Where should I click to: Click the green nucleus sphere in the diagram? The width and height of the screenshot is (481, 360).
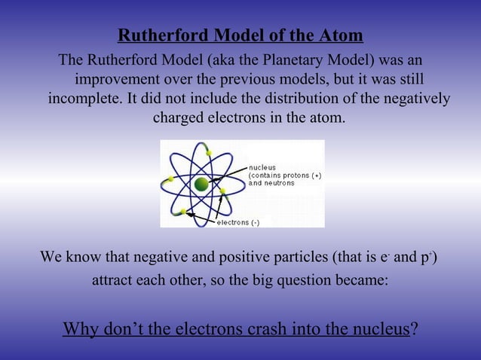(201, 184)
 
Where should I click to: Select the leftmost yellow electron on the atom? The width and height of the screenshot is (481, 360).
(170, 178)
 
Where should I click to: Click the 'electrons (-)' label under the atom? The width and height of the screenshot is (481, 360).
(238, 222)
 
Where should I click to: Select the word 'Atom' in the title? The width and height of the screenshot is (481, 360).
(343, 35)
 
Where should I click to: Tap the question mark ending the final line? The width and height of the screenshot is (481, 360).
(413, 329)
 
